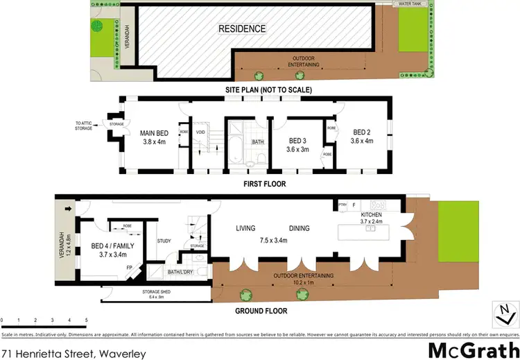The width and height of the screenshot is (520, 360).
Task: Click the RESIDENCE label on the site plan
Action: pos(242,29)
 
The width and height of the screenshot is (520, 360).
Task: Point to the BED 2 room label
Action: pos(363,132)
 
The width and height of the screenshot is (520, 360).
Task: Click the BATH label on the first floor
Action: pos(258,142)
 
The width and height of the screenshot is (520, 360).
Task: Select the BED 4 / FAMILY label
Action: pos(117,246)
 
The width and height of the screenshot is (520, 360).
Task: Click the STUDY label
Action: pos(164,241)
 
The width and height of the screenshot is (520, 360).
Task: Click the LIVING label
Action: pos(245,228)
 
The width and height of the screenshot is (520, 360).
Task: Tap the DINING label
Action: pos(299,228)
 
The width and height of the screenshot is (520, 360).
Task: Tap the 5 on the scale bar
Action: pos(86,320)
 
